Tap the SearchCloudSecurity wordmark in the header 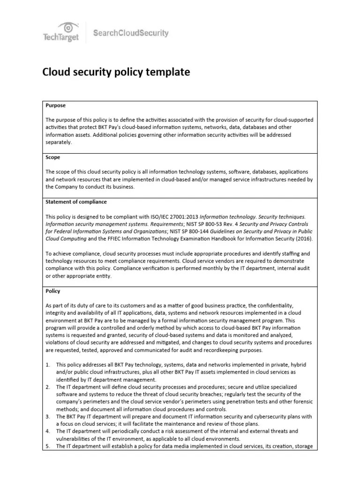pyautogui.click(x=131, y=33)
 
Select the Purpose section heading pyautogui.click(x=55, y=106)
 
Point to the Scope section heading pyautogui.click(x=52, y=157)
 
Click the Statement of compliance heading pyautogui.click(x=76, y=202)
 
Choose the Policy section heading pyautogui.click(x=53, y=291)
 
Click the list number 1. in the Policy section pyautogui.click(x=48, y=364)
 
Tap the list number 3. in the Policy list pyautogui.click(x=48, y=416)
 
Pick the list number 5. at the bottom pyautogui.click(x=48, y=446)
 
